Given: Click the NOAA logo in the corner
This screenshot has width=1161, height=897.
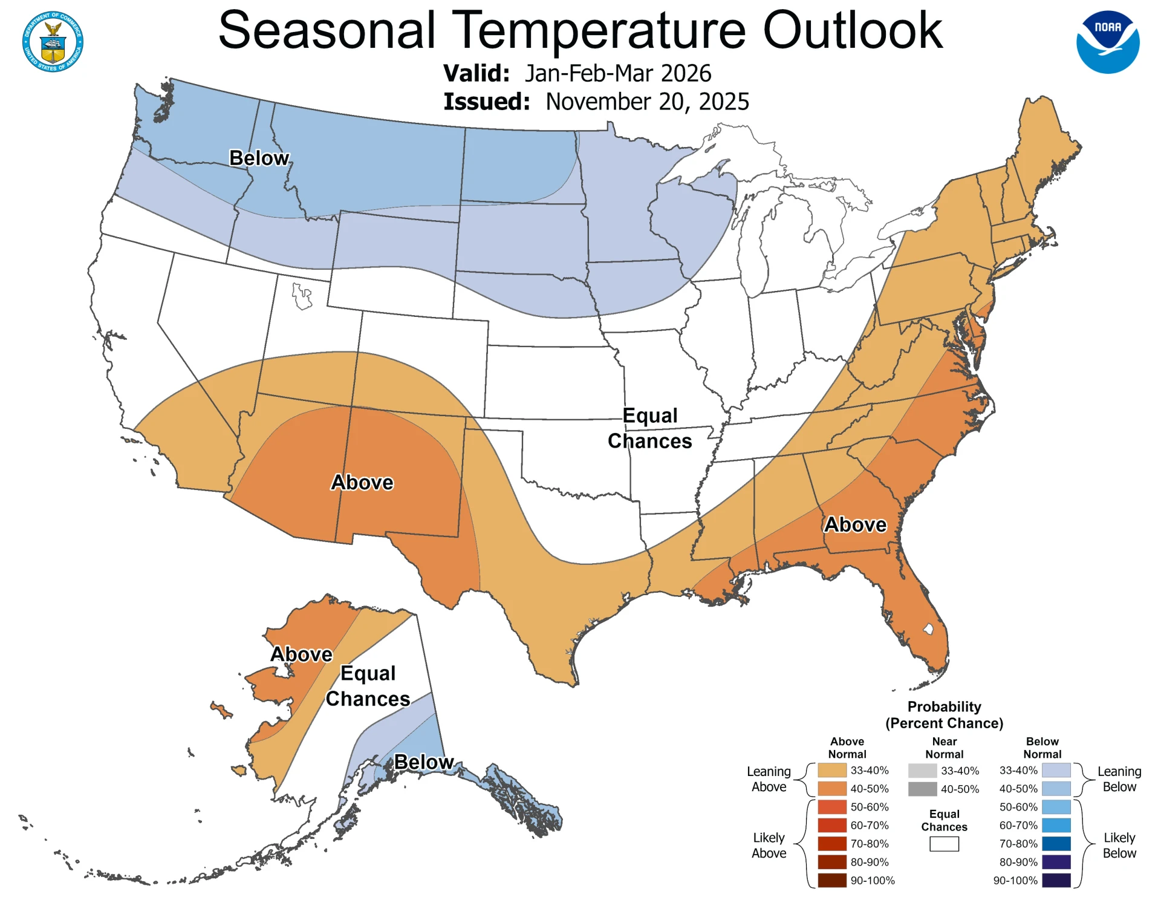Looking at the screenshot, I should [x=1107, y=42].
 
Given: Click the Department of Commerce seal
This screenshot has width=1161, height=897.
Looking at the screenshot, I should [x=53, y=41].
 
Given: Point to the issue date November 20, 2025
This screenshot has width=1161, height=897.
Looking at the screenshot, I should [x=647, y=102].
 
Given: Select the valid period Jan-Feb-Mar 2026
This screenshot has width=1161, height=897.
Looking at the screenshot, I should [x=617, y=73].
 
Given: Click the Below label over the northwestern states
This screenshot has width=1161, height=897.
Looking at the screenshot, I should [x=259, y=158].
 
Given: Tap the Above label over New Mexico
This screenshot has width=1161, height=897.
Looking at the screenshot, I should [x=362, y=482].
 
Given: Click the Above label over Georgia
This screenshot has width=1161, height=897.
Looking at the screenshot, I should [x=855, y=524].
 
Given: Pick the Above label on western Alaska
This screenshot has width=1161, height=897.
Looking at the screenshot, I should [x=301, y=654].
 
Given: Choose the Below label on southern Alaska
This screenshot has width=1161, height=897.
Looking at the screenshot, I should [x=424, y=762].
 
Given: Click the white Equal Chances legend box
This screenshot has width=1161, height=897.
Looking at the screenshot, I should [x=944, y=844].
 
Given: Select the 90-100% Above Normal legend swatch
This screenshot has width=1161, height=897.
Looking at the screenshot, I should [x=831, y=881].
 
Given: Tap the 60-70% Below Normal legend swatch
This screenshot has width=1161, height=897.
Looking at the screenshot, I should [x=1056, y=826].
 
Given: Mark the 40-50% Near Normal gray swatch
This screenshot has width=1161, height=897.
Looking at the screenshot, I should [x=922, y=789].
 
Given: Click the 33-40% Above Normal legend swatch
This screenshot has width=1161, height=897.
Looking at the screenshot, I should [x=831, y=771].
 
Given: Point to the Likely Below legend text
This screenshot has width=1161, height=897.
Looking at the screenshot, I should [x=1119, y=846].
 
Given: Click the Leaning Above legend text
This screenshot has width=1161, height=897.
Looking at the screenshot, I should [x=769, y=779].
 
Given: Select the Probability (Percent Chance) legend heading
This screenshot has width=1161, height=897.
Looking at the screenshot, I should [x=944, y=715].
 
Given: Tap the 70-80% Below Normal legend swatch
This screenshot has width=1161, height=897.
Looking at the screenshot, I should [x=1056, y=844].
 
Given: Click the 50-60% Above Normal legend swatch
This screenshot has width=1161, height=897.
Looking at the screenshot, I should [x=831, y=807].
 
